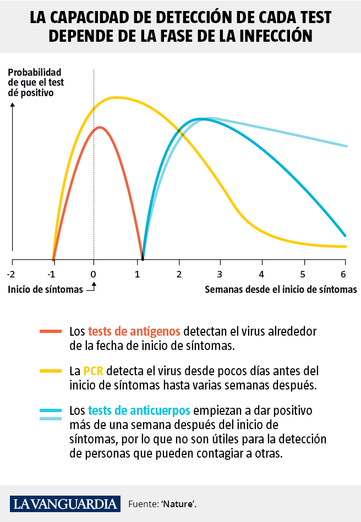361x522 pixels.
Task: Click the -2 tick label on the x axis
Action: tap(12, 274)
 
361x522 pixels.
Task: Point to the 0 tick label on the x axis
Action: tap(94, 274)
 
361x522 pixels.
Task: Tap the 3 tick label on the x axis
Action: tap(220, 274)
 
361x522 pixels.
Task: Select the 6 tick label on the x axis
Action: tap(344, 274)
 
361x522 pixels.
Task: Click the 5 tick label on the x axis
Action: tap(303, 274)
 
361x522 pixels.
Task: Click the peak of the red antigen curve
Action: tap(100, 127)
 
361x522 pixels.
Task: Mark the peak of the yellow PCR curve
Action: tap(117, 97)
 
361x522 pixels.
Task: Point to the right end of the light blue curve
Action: tap(346, 146)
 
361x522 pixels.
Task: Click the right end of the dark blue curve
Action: tap(345, 235)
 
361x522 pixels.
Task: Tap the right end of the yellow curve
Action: tap(346, 246)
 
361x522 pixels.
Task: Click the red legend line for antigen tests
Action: tap(52, 331)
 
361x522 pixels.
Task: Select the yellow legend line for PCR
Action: tap(52, 371)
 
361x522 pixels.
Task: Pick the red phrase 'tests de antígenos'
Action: tap(134, 331)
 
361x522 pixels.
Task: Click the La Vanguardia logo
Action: tap(65, 503)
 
